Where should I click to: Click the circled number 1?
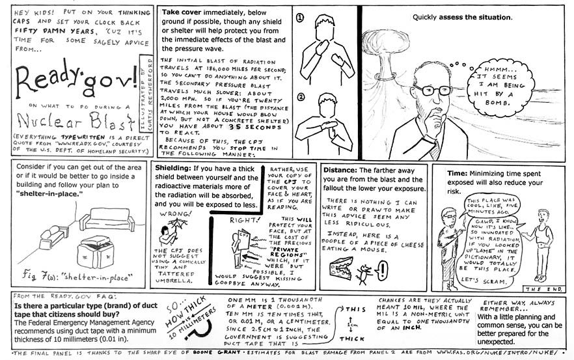300,19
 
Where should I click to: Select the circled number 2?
300,98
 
